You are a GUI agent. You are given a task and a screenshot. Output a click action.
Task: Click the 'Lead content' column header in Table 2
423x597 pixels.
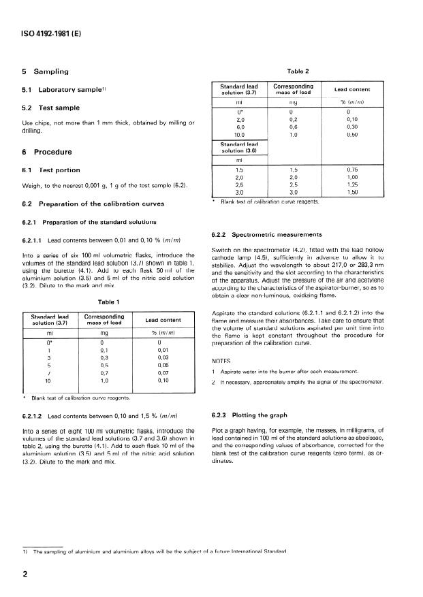coord(352,89)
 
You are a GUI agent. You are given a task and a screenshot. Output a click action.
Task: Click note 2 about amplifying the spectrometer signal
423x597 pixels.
coord(307,385)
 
